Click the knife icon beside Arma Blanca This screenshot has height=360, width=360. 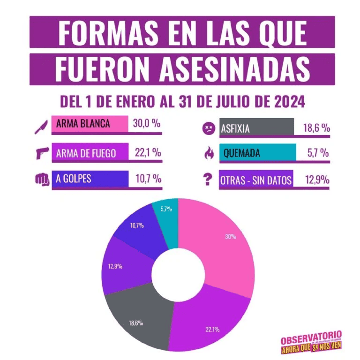click(41, 126)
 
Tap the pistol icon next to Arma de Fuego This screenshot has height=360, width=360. click(42, 153)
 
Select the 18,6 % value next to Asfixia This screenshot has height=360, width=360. click(315, 128)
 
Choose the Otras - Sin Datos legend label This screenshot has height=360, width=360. click(256, 180)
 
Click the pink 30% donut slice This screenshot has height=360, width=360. click(220, 244)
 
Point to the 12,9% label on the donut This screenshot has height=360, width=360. click(115, 266)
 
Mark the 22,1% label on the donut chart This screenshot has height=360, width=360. click(212, 329)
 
